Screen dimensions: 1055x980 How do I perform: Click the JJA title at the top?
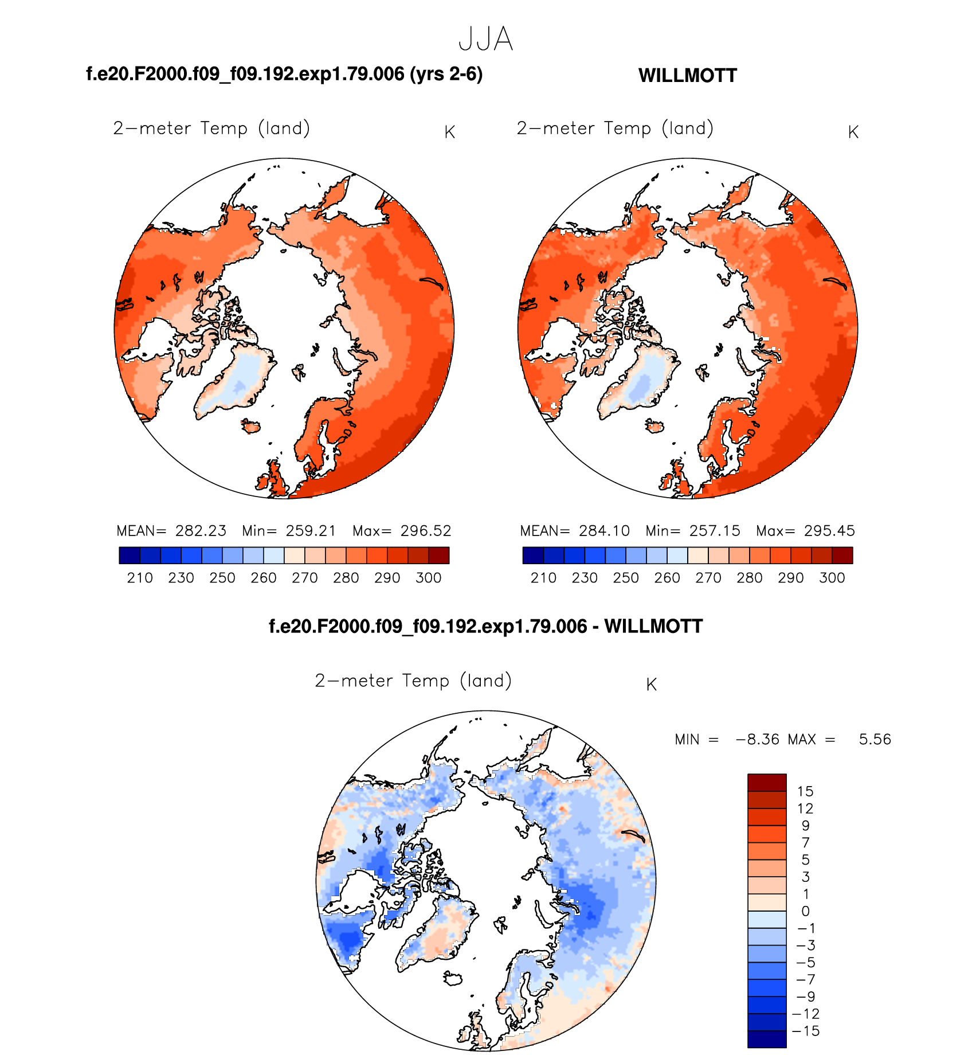pyautogui.click(x=485, y=40)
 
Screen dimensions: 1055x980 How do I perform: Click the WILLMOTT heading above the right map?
pyautogui.click(x=687, y=76)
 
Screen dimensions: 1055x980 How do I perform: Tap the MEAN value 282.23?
pyautogui.click(x=201, y=531)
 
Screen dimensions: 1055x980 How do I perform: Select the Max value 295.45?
pyautogui.click(x=829, y=531)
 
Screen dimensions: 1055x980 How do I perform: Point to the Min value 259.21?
pyautogui.click(x=311, y=531)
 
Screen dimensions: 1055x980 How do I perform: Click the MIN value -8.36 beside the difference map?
pyautogui.click(x=758, y=740)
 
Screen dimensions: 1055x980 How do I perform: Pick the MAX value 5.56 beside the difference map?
pyautogui.click(x=875, y=740)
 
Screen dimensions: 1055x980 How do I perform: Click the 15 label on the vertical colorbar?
pyautogui.click(x=805, y=792)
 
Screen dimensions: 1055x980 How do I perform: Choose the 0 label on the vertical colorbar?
pyautogui.click(x=805, y=911)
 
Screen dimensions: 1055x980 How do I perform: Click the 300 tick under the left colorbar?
pyautogui.click(x=429, y=578)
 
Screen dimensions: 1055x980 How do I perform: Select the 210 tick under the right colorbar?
pyautogui.click(x=543, y=578)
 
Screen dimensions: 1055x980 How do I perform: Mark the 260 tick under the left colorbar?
pyautogui.click(x=264, y=578)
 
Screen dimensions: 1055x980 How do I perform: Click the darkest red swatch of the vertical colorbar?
pyautogui.click(x=767, y=783)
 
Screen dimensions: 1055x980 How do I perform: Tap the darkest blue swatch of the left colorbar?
pyautogui.click(x=130, y=556)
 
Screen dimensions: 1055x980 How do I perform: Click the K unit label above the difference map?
pyautogui.click(x=651, y=685)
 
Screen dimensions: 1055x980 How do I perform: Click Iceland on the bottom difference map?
pyautogui.click(x=453, y=978)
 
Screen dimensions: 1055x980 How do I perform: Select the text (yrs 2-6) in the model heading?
pyautogui.click(x=446, y=74)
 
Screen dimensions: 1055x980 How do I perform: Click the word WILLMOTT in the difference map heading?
pyautogui.click(x=653, y=626)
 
